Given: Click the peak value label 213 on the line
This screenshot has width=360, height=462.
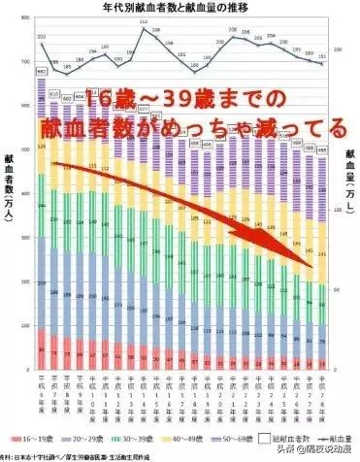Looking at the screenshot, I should pos(144,20).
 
